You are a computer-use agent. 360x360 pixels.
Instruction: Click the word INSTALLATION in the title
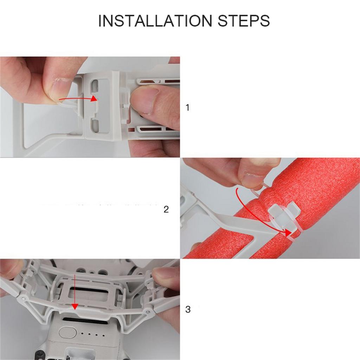pyautogui.click(x=155, y=21)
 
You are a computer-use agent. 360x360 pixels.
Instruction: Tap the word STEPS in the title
pyautogui.click(x=244, y=21)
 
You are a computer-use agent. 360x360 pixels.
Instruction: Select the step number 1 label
pyautogui.click(x=187, y=108)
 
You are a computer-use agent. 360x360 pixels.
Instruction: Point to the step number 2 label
pyautogui.click(x=166, y=210)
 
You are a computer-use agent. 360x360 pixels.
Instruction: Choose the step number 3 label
pyautogui.click(x=188, y=310)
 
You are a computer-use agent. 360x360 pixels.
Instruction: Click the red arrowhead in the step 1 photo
pyautogui.click(x=94, y=98)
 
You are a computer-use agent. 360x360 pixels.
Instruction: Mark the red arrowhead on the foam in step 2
pyautogui.click(x=288, y=232)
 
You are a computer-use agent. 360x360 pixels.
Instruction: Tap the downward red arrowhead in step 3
pyautogui.click(x=74, y=306)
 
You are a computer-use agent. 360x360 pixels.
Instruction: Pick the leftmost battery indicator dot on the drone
pyautogui.click(x=82, y=334)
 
